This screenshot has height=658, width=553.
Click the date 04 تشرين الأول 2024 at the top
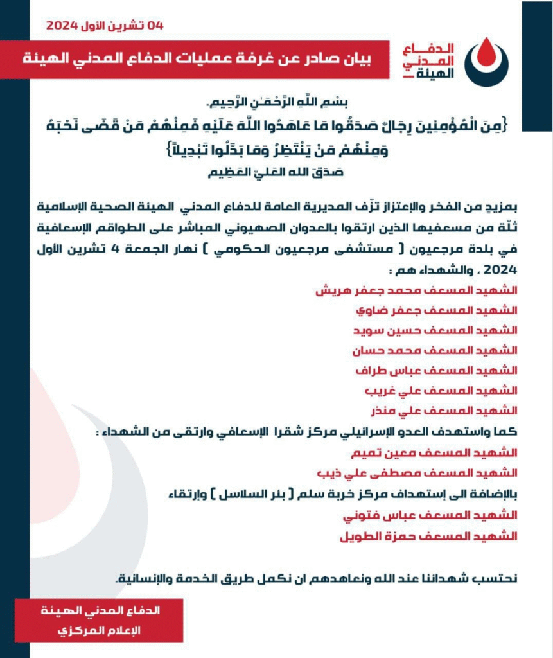pos(105,26)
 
